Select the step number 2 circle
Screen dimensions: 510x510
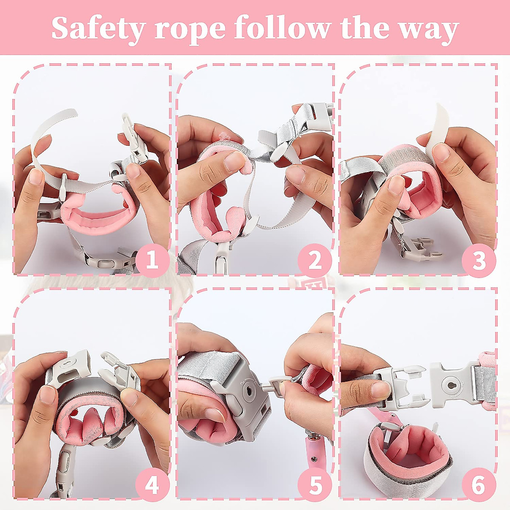click(315, 260)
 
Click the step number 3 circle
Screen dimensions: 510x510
click(479, 260)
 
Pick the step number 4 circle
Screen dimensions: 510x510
click(152, 484)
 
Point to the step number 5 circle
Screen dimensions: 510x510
click(315, 484)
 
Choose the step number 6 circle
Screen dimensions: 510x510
click(479, 484)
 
